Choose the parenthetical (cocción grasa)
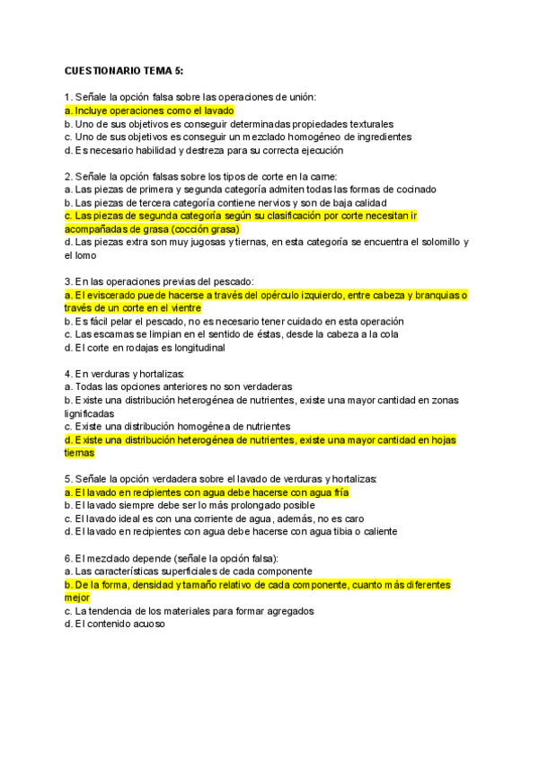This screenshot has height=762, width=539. point(200,229)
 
